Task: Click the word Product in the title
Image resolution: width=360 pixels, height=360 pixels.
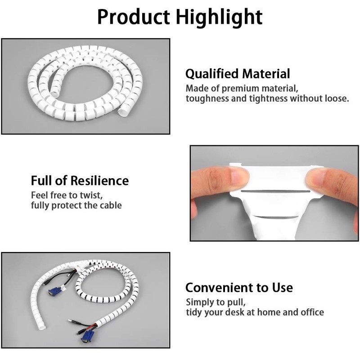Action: point(134,17)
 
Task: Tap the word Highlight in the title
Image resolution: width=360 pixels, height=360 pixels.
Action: point(219,17)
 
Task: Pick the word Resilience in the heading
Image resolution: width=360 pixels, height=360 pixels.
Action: point(99,180)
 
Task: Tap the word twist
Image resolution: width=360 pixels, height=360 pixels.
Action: point(91,195)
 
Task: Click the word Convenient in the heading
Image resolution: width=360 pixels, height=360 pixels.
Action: point(219,288)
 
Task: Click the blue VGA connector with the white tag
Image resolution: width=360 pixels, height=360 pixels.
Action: point(54,292)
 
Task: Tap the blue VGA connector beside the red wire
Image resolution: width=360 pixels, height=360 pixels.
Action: point(85,336)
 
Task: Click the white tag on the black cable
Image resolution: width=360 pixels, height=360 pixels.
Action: point(63,287)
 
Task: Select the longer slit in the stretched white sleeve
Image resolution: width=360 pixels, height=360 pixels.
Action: point(275,191)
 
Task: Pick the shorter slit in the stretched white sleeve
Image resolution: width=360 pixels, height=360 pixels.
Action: point(276,217)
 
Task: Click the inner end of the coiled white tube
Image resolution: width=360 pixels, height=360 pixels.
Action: point(55,93)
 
